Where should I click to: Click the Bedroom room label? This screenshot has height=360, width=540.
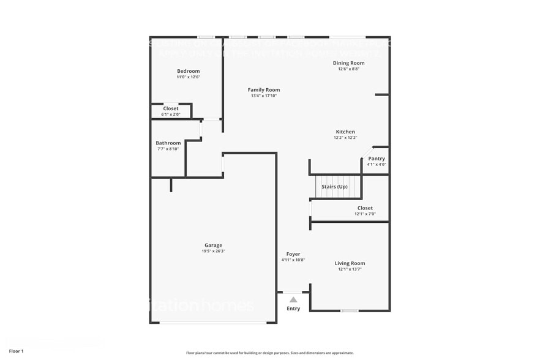pyautogui.click(x=189, y=71)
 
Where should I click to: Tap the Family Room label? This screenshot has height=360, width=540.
pyautogui.click(x=264, y=90)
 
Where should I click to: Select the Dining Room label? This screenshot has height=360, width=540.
pyautogui.click(x=348, y=63)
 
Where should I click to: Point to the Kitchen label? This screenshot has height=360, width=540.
pyautogui.click(x=345, y=132)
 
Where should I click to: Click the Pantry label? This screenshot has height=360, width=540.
pyautogui.click(x=377, y=159)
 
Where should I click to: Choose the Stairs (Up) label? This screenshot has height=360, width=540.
pyautogui.click(x=334, y=187)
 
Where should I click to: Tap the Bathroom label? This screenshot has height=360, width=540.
pyautogui.click(x=168, y=143)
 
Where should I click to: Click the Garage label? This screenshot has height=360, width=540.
pyautogui.click(x=213, y=246)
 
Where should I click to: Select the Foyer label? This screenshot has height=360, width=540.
pyautogui.click(x=293, y=254)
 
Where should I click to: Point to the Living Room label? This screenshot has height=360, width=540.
pyautogui.click(x=350, y=263)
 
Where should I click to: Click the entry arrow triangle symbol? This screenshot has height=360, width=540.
pyautogui.click(x=293, y=299)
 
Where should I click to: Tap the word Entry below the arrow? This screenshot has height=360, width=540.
pyautogui.click(x=293, y=309)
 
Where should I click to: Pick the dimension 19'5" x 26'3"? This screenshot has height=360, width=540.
pyautogui.click(x=213, y=252)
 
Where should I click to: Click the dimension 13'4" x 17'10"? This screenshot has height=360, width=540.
pyautogui.click(x=264, y=96)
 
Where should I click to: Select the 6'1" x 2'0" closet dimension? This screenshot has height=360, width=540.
pyautogui.click(x=171, y=114)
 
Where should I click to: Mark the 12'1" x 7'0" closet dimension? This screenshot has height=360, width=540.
pyautogui.click(x=365, y=214)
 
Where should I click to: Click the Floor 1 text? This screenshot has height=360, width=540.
pyautogui.click(x=16, y=351)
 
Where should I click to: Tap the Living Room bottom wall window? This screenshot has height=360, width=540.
pyautogui.click(x=350, y=311)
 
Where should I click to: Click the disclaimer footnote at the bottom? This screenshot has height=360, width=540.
pyautogui.click(x=269, y=353)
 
